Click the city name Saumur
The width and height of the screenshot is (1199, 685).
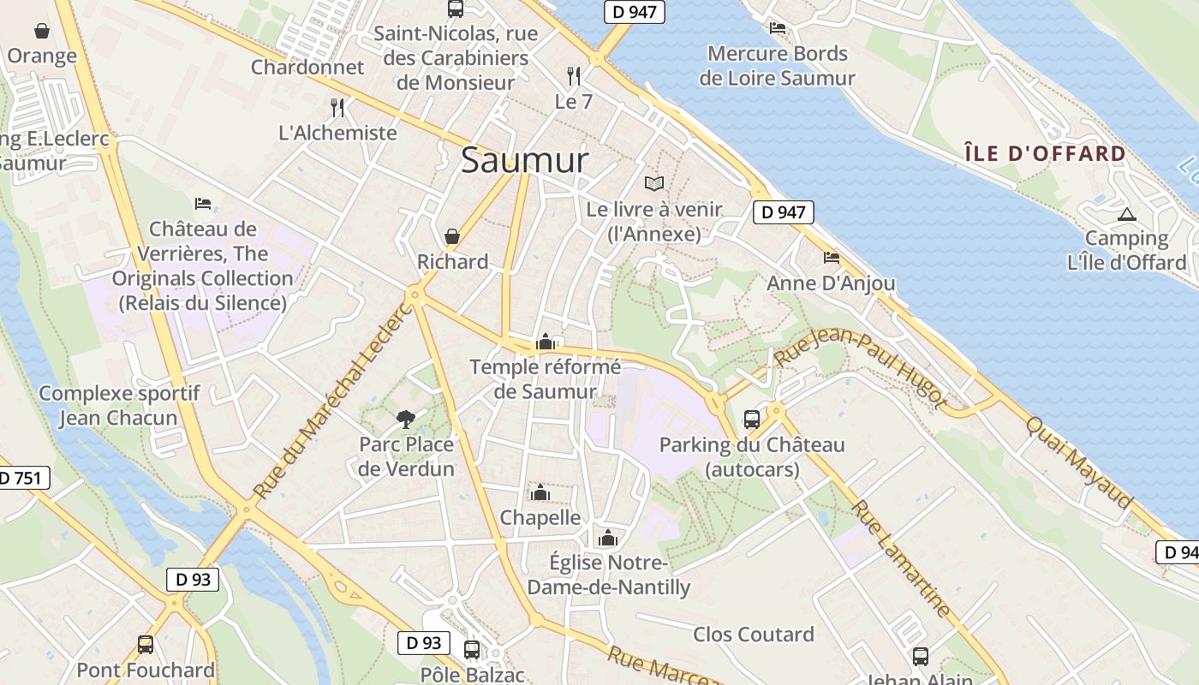click(x=525, y=160)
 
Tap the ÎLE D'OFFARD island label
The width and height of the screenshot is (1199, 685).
click(x=1045, y=154)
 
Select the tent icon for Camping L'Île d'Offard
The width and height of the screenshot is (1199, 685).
click(x=1126, y=214)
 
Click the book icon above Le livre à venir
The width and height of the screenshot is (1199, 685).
click(x=654, y=183)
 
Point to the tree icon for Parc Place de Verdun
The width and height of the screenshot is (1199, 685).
click(x=406, y=419)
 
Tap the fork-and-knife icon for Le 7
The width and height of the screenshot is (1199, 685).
click(x=574, y=76)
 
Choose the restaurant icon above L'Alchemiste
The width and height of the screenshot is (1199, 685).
click(x=337, y=108)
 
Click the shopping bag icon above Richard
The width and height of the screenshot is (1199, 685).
click(x=451, y=236)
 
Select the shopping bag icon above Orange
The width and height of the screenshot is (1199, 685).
click(x=41, y=32)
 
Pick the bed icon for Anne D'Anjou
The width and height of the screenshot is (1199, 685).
click(x=831, y=257)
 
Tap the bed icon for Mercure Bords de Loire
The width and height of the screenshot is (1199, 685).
click(x=777, y=28)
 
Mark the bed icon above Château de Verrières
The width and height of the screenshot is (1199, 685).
click(x=203, y=204)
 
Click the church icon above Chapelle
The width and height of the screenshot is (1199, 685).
click(x=540, y=492)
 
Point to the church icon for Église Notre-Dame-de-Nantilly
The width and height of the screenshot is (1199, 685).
click(x=608, y=538)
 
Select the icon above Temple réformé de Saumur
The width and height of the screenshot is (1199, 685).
click(x=546, y=342)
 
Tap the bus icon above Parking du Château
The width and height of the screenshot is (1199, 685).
click(x=751, y=419)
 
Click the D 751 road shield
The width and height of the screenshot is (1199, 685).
click(x=21, y=478)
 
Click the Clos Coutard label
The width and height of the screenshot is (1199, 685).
click(x=754, y=634)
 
